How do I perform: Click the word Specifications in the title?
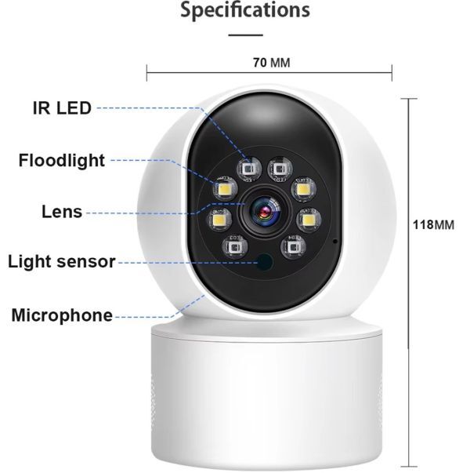245,11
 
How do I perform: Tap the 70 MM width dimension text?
270,63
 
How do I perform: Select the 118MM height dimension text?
433,225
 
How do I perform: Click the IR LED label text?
62,108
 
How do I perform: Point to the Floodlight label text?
62,161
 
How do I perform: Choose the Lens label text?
62,211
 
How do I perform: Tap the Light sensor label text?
62,261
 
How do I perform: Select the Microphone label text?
62,315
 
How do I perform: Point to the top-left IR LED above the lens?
249,167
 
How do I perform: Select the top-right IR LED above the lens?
277,166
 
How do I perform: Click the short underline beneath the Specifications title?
245,35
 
